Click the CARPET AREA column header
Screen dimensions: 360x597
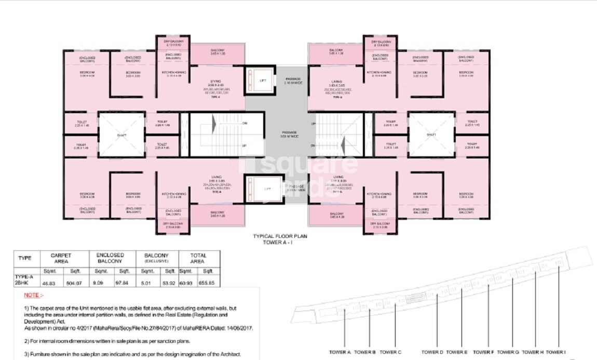click(61, 258)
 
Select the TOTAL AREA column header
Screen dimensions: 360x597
click(198, 258)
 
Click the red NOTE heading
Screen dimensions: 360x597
click(32, 295)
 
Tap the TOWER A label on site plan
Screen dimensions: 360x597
click(340, 352)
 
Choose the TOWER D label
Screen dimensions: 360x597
click(432, 352)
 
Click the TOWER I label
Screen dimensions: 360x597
click(555, 352)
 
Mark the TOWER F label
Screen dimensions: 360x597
click(484, 352)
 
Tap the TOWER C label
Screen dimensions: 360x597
click(391, 352)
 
